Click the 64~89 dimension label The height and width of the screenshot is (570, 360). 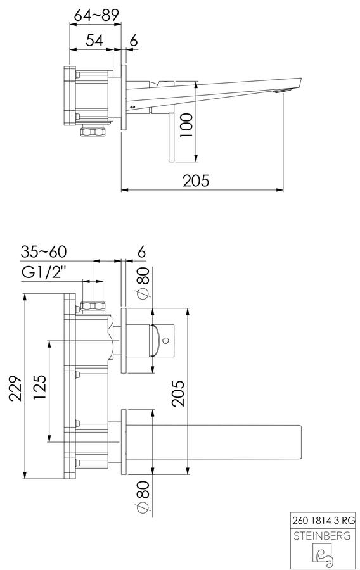click(96, 15)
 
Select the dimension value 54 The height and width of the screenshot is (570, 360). click(94, 40)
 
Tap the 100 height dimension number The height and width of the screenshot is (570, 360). click(186, 125)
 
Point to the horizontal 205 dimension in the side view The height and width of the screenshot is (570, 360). click(196, 180)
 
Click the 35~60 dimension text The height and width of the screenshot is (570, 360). click(43, 251)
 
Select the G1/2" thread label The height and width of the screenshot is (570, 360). click(44, 272)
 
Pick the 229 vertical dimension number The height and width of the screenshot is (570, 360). click(15, 388)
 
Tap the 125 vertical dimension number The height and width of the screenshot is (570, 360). click(40, 388)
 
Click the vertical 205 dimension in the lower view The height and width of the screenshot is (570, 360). click(178, 393)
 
